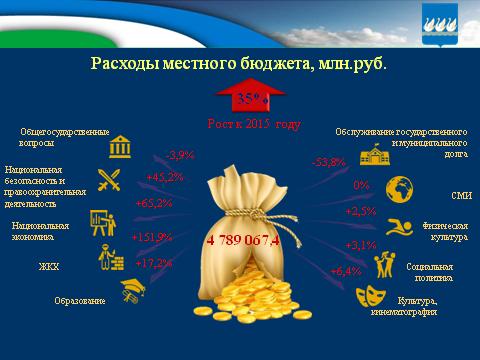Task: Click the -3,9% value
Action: coord(179,155)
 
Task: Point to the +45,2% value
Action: coord(163,178)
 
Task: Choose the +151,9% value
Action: coord(152,237)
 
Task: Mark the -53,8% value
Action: coord(329,162)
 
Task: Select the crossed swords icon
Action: coord(108,181)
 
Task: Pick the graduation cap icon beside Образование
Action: coord(128,291)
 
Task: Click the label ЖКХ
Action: coord(49,266)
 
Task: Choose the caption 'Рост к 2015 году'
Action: coord(254,125)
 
